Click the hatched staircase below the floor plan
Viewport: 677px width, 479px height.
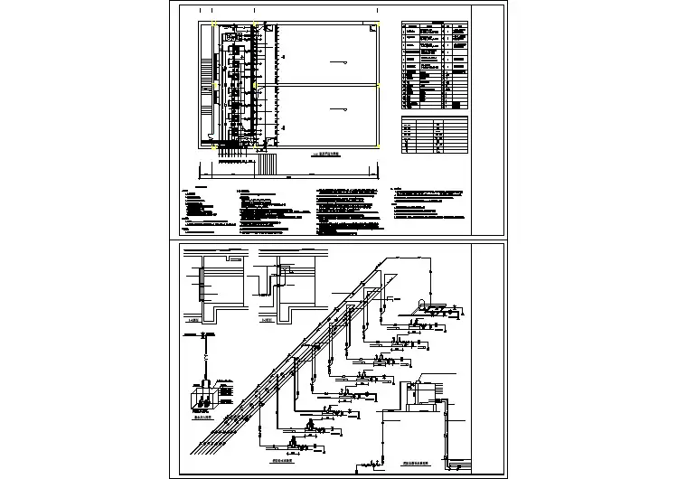click(268, 164)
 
